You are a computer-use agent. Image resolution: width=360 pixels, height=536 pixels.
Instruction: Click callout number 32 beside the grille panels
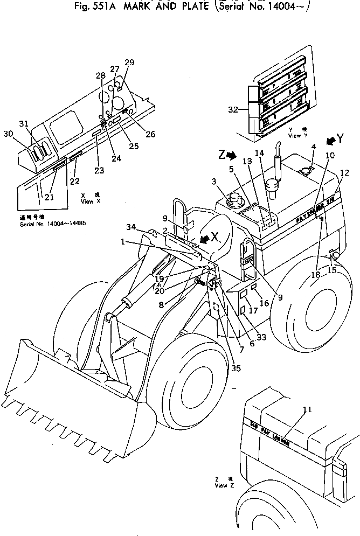coord(233,109)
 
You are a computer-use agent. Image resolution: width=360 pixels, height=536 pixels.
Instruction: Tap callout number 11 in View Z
coord(307,409)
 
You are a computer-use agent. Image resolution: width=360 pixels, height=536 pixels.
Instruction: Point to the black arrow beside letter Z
coord(231,155)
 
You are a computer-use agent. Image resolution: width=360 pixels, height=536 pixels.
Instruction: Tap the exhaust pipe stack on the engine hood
coord(275,172)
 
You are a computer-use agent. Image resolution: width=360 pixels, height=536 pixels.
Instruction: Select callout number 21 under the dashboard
coord(49,197)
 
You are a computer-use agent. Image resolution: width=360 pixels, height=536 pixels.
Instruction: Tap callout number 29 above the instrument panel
coord(129,63)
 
